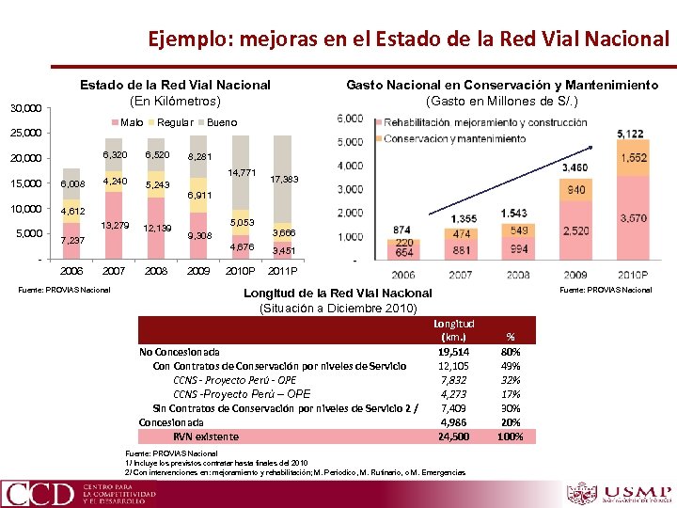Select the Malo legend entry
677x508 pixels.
point(131,122)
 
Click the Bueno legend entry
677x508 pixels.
point(222,122)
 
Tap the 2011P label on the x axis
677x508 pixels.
point(282,271)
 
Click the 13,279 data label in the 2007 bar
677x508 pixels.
point(115,225)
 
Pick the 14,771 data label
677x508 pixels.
point(243,172)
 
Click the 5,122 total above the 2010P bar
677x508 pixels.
point(630,134)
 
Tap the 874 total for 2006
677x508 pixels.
point(401,230)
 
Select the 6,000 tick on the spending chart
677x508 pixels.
point(350,119)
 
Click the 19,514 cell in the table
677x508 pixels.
point(454,351)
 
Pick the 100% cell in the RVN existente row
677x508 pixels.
point(511,437)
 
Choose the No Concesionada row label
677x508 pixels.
point(180,351)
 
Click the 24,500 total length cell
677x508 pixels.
point(454,437)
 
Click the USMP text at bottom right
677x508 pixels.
point(638,492)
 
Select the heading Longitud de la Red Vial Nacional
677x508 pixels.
point(338,293)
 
